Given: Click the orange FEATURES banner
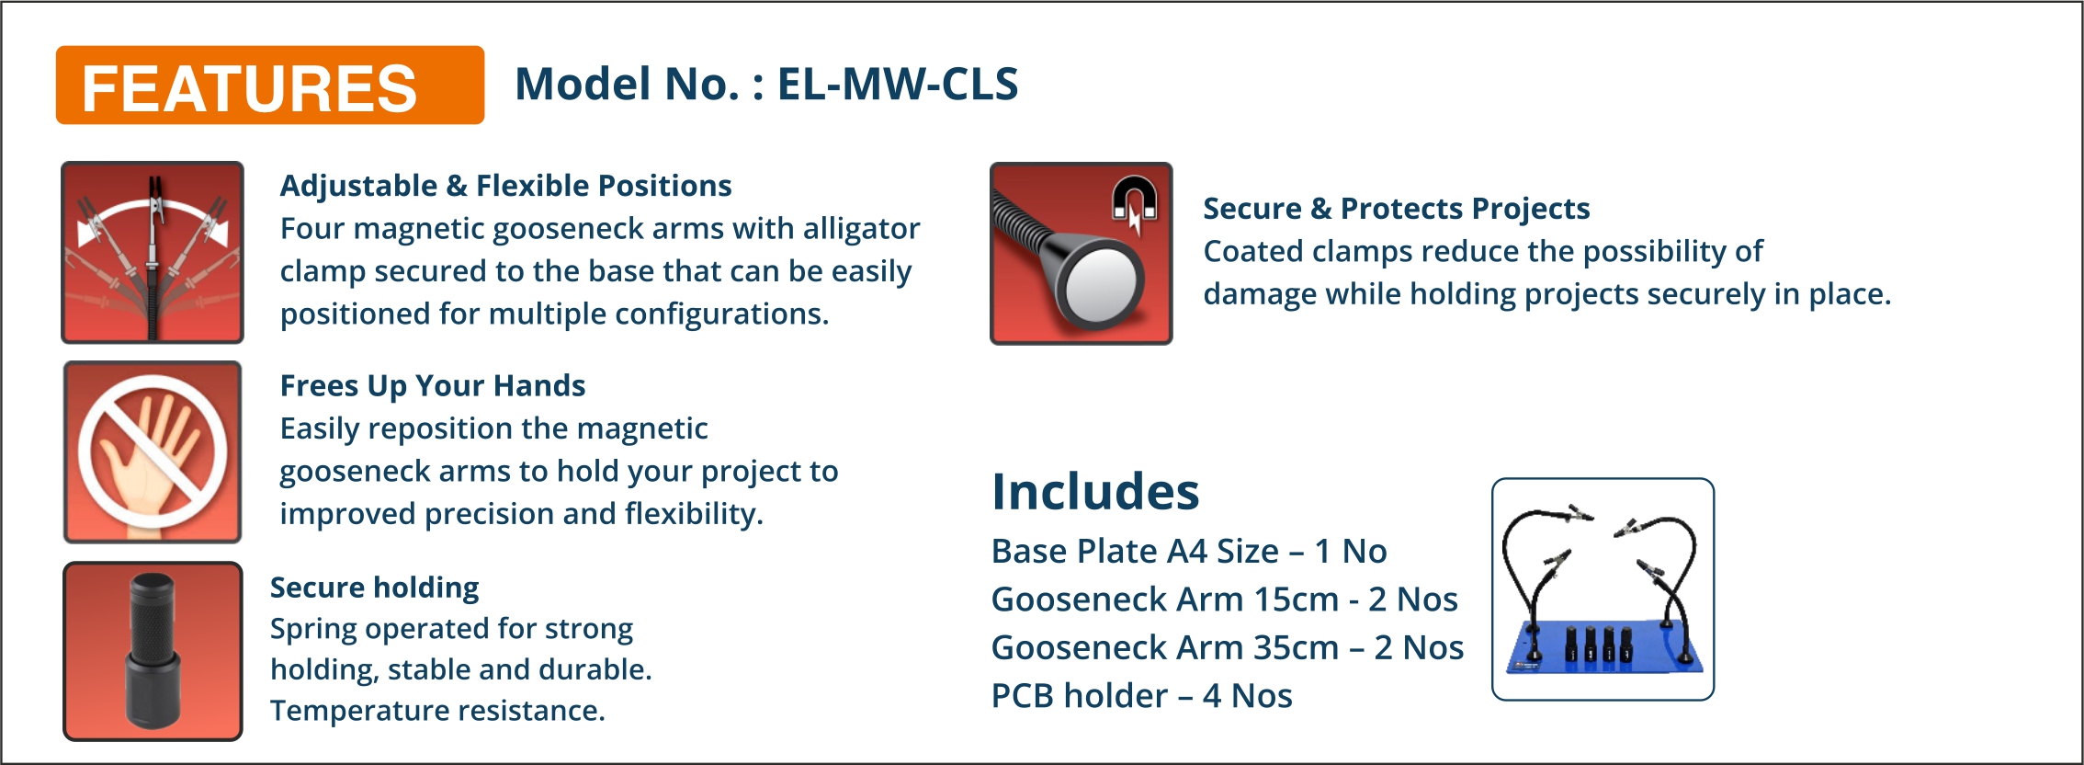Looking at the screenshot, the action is point(269,85).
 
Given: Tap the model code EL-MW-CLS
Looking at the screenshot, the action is point(898,84).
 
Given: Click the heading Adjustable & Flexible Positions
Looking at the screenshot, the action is point(505,185).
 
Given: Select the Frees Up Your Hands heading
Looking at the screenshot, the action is point(433,386).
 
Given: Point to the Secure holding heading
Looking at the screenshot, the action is point(375,587).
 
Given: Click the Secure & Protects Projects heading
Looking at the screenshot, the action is point(1397,209).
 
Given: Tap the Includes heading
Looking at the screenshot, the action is point(1095,491).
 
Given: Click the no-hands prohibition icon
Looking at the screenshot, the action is point(153,451).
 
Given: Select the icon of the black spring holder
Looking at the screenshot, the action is point(153,651).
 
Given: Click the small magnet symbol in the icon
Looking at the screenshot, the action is point(1135,204).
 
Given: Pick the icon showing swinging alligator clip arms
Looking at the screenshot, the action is point(153,253).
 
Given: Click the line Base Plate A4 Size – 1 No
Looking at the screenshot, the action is point(1189,551).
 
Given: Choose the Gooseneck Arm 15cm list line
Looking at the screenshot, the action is point(1225,599).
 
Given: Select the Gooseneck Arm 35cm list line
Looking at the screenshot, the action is point(1228,647).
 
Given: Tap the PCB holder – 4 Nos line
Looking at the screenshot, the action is point(1142,696).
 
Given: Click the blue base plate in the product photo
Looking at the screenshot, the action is point(1603,647).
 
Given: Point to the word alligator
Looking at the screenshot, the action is point(861,229).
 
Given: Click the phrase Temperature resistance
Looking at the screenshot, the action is point(437,711).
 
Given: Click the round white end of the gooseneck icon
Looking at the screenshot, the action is point(1100,285).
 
